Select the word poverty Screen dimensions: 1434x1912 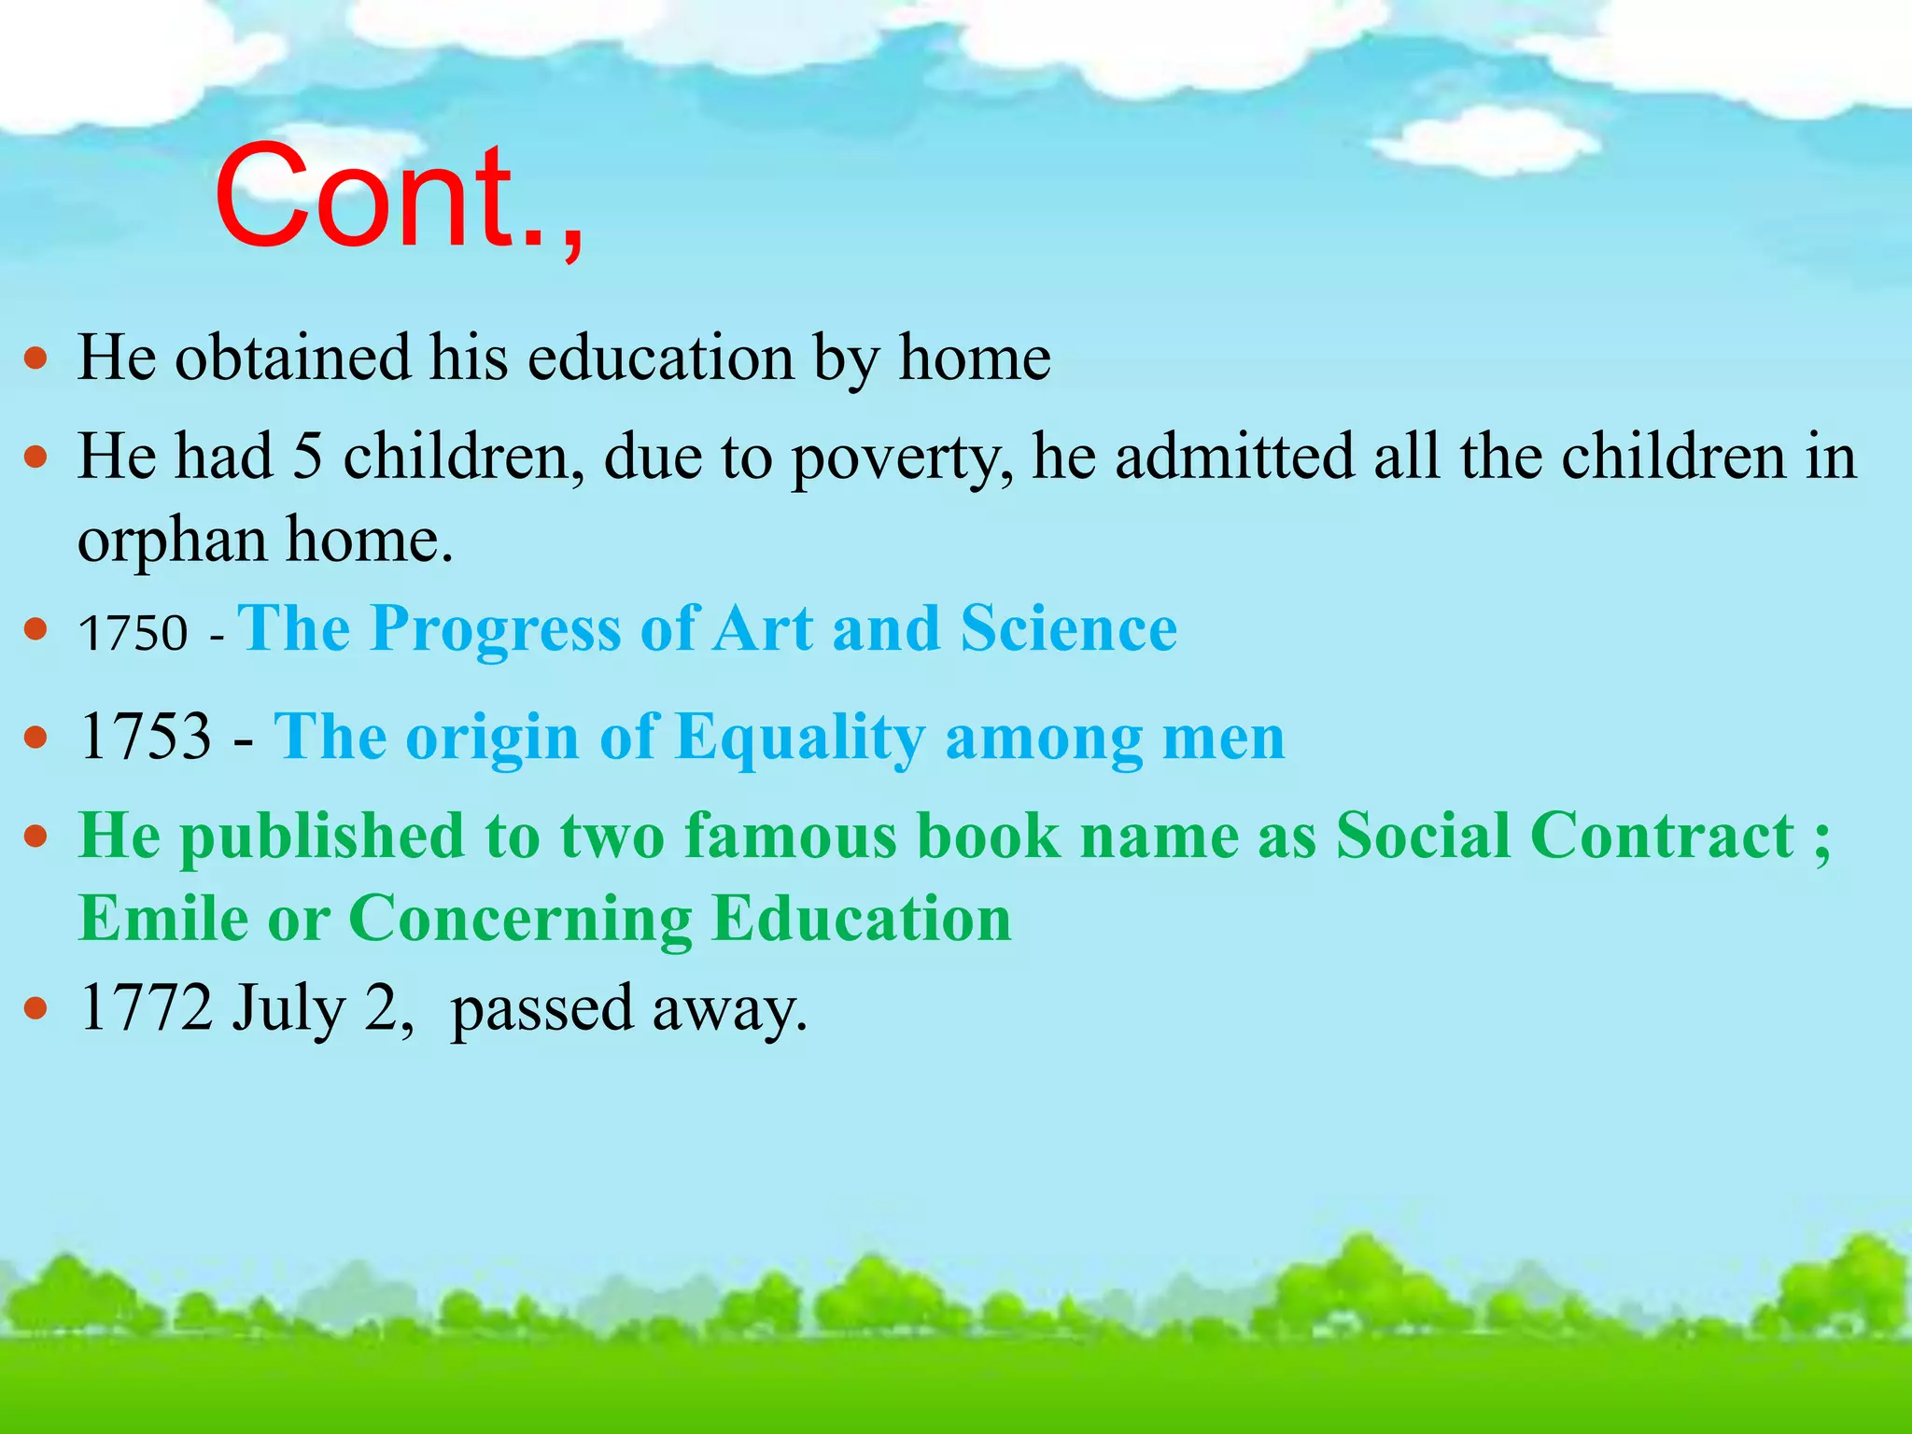pyautogui.click(x=902, y=459)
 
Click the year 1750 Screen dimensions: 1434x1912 pyautogui.click(x=134, y=634)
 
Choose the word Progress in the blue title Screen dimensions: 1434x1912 pyautogui.click(x=496, y=629)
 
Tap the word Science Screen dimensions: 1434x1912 pyautogui.click(x=1069, y=628)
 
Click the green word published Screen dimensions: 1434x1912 pyautogui.click(x=322, y=837)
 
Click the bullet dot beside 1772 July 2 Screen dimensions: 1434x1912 pyautogui.click(x=35, y=1009)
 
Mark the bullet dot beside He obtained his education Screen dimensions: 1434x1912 pyautogui.click(x=35, y=358)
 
